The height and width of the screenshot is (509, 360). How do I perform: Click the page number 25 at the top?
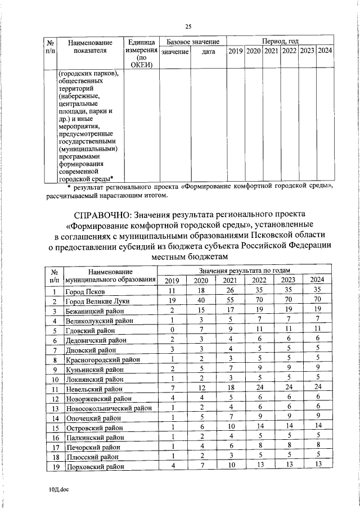click(188, 26)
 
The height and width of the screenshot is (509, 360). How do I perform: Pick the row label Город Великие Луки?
click(94, 301)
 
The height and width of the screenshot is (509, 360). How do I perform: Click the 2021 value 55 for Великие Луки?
click(229, 301)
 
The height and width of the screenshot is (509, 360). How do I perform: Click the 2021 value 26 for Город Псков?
click(229, 291)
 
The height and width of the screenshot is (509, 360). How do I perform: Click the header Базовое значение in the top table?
click(193, 42)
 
